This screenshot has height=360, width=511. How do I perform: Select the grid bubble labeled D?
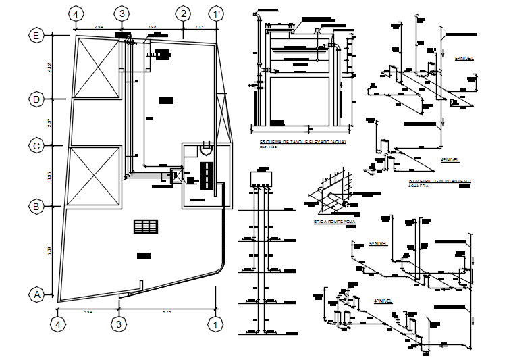(x=36, y=99)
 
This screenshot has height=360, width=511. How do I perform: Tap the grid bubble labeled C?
(x=36, y=145)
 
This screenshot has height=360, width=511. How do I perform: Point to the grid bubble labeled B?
(x=36, y=207)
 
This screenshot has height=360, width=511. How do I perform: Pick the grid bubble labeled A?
(x=36, y=294)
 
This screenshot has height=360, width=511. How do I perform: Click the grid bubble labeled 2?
(x=183, y=14)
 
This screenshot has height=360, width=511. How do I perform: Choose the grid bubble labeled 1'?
(x=216, y=14)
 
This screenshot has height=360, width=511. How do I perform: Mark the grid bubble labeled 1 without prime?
(x=215, y=324)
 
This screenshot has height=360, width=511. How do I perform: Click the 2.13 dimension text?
(x=200, y=26)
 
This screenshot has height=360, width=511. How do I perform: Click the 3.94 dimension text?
(x=88, y=312)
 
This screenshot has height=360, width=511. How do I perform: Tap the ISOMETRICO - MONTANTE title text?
(x=439, y=182)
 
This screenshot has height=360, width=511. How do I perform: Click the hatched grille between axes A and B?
(x=145, y=226)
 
